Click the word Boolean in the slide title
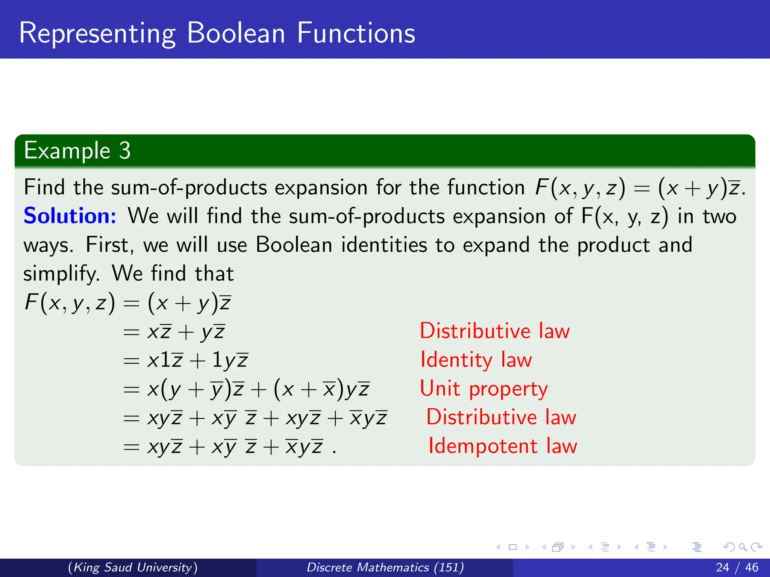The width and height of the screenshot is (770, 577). [236, 33]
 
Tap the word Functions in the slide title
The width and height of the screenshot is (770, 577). [356, 33]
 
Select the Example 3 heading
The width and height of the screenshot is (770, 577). [77, 151]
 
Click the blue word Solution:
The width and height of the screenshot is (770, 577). [70, 216]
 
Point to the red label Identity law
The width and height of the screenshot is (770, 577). [476, 360]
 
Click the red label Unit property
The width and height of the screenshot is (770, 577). [484, 389]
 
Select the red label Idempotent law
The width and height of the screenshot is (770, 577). [502, 446]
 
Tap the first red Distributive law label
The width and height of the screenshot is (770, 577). [494, 331]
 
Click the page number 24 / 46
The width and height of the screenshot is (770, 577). [737, 567]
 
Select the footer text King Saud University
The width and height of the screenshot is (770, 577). [133, 567]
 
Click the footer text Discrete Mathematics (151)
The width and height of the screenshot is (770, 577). [385, 567]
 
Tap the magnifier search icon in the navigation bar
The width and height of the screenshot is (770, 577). [743, 547]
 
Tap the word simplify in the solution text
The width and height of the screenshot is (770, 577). [61, 274]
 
